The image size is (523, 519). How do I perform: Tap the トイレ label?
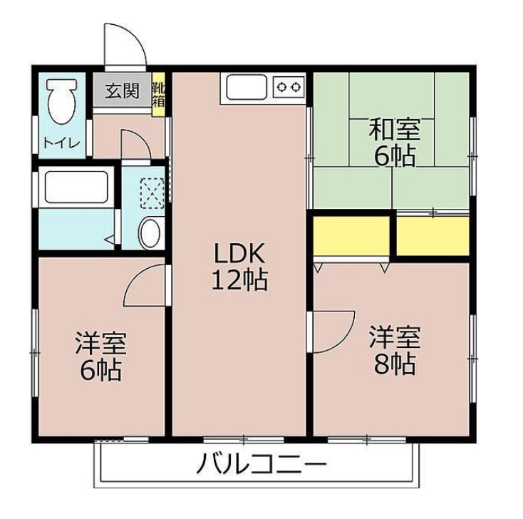click(61, 141)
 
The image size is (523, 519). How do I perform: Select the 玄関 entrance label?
click(123, 91)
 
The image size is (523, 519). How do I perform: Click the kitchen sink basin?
click(247, 87)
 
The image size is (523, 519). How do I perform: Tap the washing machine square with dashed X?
click(150, 190)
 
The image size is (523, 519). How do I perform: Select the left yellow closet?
click(351, 235)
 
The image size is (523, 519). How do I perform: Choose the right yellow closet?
click(432, 235)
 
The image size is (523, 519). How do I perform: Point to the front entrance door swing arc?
click(126, 44)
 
